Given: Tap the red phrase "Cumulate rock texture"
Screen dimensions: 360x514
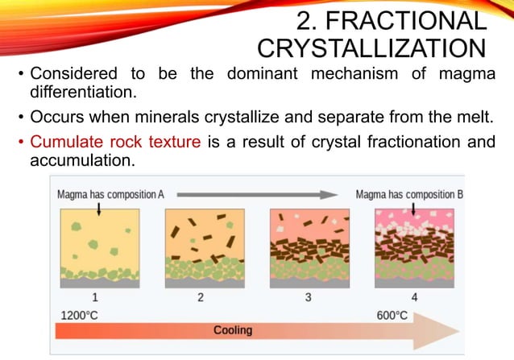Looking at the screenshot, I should (x=115, y=143).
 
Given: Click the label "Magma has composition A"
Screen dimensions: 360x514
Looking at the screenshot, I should (x=111, y=195).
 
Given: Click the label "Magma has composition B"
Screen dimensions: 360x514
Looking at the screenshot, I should (x=409, y=195).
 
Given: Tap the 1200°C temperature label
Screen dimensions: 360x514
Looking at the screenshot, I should (x=79, y=314).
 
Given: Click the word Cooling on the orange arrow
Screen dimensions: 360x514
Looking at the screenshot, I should (x=233, y=330).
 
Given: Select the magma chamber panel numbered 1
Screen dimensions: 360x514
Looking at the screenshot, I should (x=96, y=248).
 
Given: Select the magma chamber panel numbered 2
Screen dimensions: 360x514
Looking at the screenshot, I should (x=201, y=248).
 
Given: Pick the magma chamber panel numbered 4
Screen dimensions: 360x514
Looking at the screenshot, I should (x=412, y=248).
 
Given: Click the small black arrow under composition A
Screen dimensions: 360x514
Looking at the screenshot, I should (x=97, y=209).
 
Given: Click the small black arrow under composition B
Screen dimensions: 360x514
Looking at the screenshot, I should (x=413, y=209).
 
